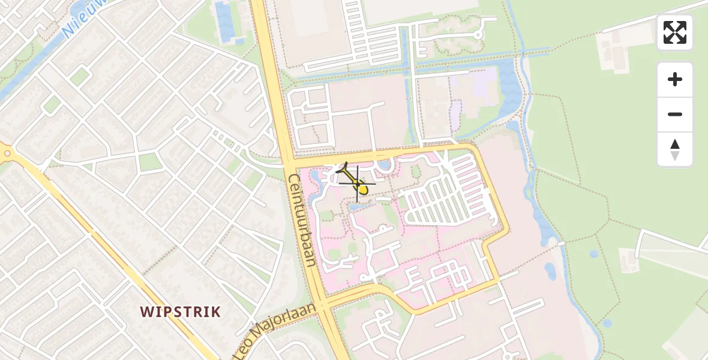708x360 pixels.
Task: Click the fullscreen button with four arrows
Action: pos(675,32)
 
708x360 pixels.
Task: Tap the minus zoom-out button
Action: pos(675,114)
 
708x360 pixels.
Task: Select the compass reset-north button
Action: pos(675,149)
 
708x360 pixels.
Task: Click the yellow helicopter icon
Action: pos(358,184)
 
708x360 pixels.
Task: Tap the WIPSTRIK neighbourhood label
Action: pos(181,312)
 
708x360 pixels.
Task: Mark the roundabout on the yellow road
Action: pos(7,154)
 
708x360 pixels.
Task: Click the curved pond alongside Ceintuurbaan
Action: pos(316,184)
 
